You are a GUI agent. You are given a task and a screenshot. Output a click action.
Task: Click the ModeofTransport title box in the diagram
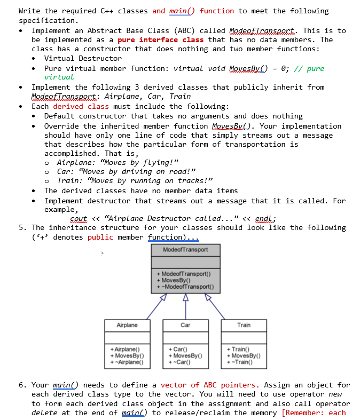(x=186, y=250)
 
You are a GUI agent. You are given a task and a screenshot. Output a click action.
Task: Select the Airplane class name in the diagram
(x=127, y=325)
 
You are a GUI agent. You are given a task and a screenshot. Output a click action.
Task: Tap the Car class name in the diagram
(x=185, y=325)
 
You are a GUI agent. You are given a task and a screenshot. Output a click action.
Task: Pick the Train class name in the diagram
(x=244, y=325)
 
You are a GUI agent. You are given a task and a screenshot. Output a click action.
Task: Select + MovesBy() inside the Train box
(x=245, y=355)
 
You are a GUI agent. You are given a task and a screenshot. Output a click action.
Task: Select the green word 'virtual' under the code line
(x=59, y=77)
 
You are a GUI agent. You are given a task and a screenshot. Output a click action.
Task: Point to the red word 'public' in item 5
(x=100, y=237)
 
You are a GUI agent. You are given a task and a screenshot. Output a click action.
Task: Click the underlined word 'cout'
(x=78, y=218)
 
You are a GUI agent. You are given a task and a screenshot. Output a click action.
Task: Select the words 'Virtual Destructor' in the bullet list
(x=83, y=58)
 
